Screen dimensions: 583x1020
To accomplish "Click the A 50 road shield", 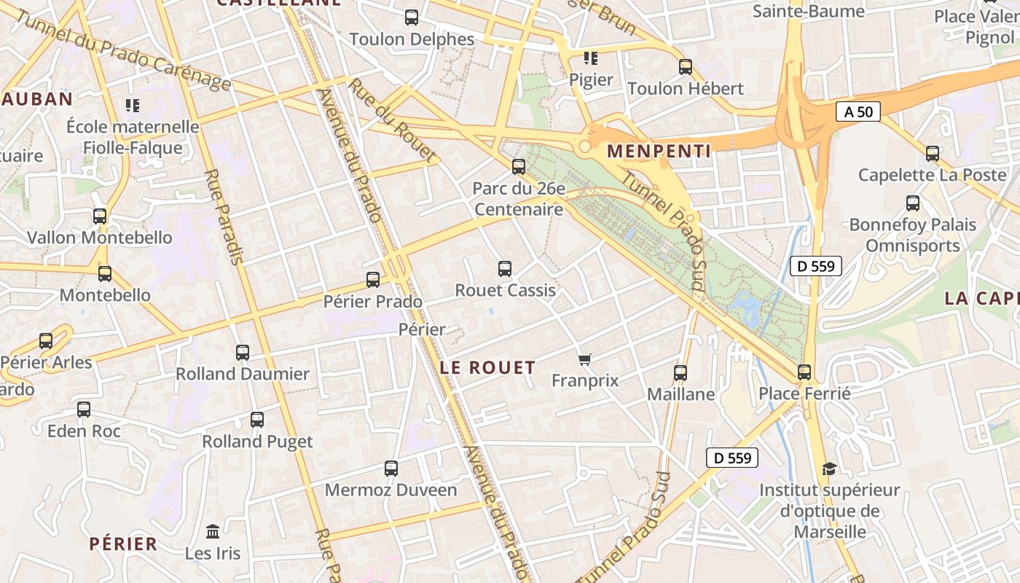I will tap(858, 111).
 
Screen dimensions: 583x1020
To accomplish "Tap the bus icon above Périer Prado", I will tap(373, 280).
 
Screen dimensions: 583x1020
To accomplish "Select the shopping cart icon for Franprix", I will tap(584, 359).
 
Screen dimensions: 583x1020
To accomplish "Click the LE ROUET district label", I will tap(487, 368).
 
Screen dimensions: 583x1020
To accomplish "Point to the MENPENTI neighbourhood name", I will tap(659, 151).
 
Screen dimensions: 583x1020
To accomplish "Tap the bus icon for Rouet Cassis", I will tap(505, 269).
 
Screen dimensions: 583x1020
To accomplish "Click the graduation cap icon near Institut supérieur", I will tap(829, 469).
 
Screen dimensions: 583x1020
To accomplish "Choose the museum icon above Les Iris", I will tap(213, 531).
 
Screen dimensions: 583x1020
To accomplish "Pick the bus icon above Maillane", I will tap(680, 373).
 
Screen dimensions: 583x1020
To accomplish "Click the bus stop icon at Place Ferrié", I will tap(804, 372).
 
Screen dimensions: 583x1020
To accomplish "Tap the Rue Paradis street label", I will tap(224, 217).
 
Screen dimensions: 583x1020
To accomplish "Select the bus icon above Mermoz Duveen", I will tap(391, 469).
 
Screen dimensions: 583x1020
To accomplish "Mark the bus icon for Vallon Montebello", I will tap(100, 216).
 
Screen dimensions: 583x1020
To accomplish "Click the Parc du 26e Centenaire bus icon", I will tap(519, 167).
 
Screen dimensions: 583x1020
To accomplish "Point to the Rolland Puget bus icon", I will tap(257, 420).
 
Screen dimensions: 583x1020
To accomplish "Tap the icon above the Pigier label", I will tap(590, 58).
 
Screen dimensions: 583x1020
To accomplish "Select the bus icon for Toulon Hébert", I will tap(686, 67).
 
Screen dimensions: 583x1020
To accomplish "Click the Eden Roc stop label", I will tap(85, 431).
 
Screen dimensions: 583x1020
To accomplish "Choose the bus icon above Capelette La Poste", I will tap(933, 154).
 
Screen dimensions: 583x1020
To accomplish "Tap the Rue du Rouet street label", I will tap(392, 120).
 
